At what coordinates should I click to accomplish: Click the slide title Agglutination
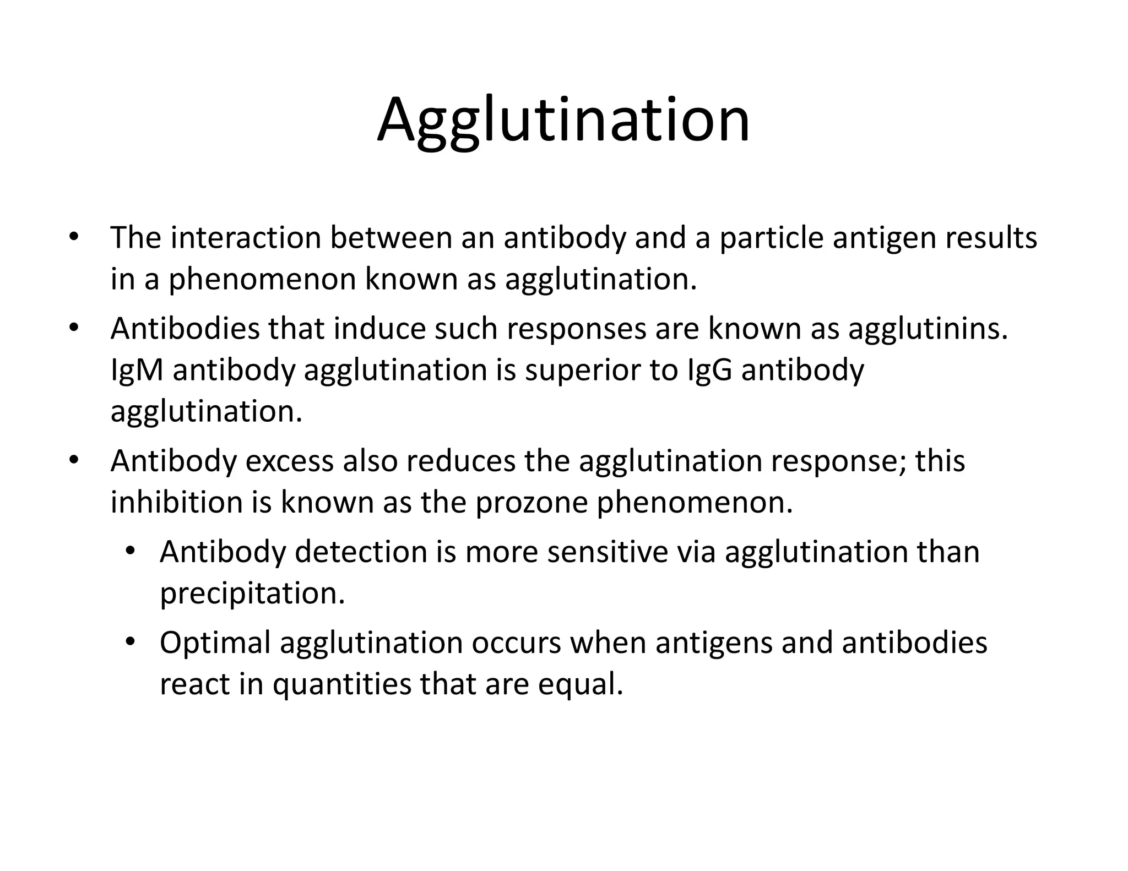(563, 120)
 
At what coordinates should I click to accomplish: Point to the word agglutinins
(928, 329)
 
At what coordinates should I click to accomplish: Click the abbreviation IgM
(137, 369)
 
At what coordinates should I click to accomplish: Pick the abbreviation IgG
(710, 369)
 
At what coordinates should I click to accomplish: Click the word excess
(289, 461)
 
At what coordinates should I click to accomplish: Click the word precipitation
(252, 594)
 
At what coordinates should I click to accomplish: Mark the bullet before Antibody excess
(74, 461)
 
